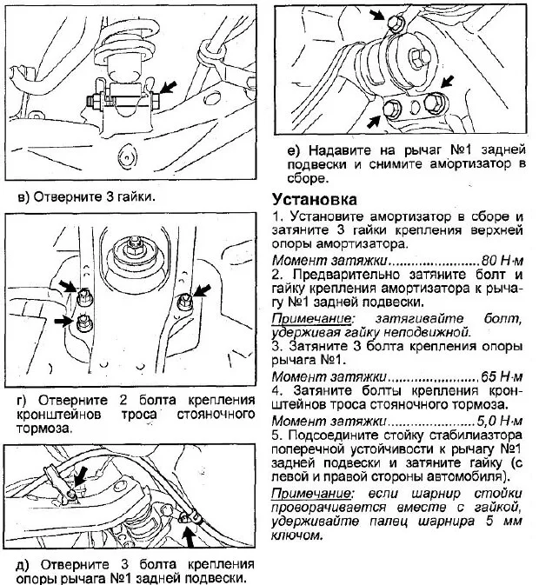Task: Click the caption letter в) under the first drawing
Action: click(x=25, y=196)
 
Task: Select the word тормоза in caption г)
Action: click(x=43, y=429)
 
